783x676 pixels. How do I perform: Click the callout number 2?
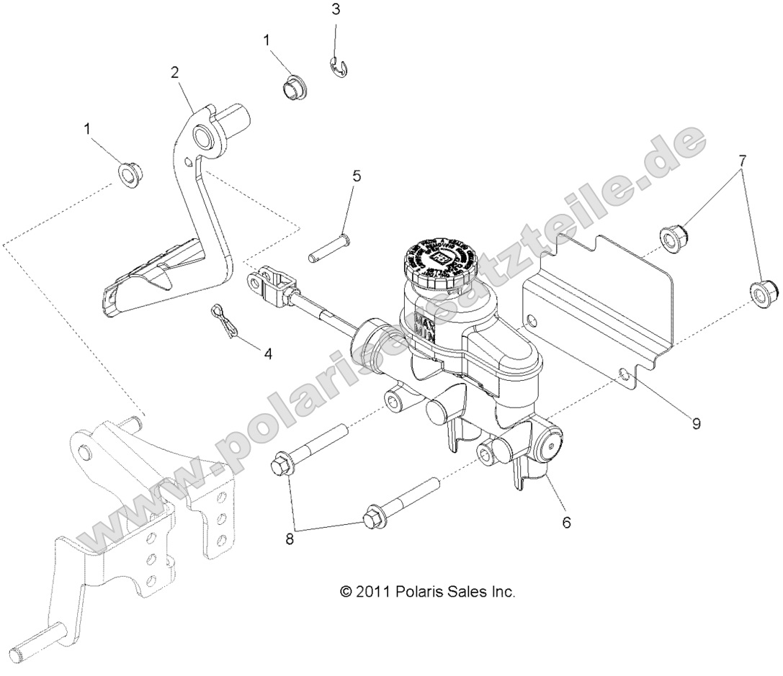(x=174, y=72)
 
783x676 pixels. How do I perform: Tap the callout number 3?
(x=335, y=9)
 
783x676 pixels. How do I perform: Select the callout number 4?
(x=268, y=353)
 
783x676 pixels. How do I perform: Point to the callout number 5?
(x=357, y=176)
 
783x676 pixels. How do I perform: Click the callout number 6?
(x=566, y=522)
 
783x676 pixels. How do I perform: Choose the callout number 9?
(x=696, y=423)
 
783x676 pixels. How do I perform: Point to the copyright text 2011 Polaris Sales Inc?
(x=428, y=591)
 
